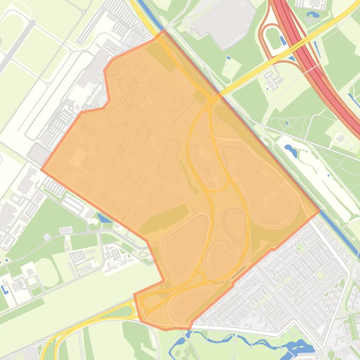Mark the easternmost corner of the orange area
pos(320,210)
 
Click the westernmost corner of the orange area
pos(41,170)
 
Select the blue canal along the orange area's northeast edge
pos(262,136)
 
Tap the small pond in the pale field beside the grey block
pos(229,58)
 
